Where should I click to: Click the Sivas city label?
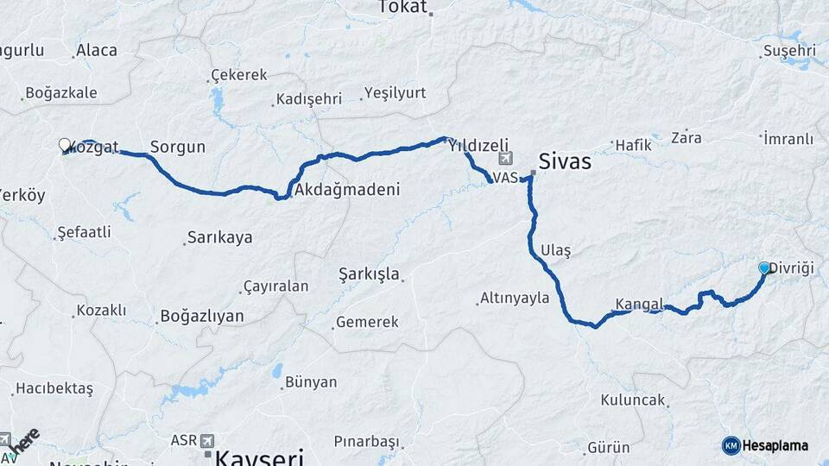[x=564, y=161]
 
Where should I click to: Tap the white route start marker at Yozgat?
[x=65, y=145]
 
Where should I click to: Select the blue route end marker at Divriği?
[x=763, y=268]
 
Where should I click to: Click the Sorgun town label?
[x=178, y=147]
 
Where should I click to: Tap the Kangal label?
[x=639, y=304]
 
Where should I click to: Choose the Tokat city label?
[x=402, y=8]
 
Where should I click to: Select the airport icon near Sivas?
[x=505, y=159]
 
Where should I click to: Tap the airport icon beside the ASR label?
[x=207, y=440]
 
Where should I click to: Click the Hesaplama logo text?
[x=775, y=445]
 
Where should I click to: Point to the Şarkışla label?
[x=370, y=274]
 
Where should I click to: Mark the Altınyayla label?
[x=515, y=299]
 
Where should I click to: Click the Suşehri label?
[x=789, y=51]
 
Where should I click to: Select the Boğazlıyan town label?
[x=201, y=317]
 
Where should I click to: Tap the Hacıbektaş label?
[x=54, y=389]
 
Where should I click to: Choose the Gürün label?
[x=609, y=448]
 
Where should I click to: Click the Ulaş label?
[x=555, y=250]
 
